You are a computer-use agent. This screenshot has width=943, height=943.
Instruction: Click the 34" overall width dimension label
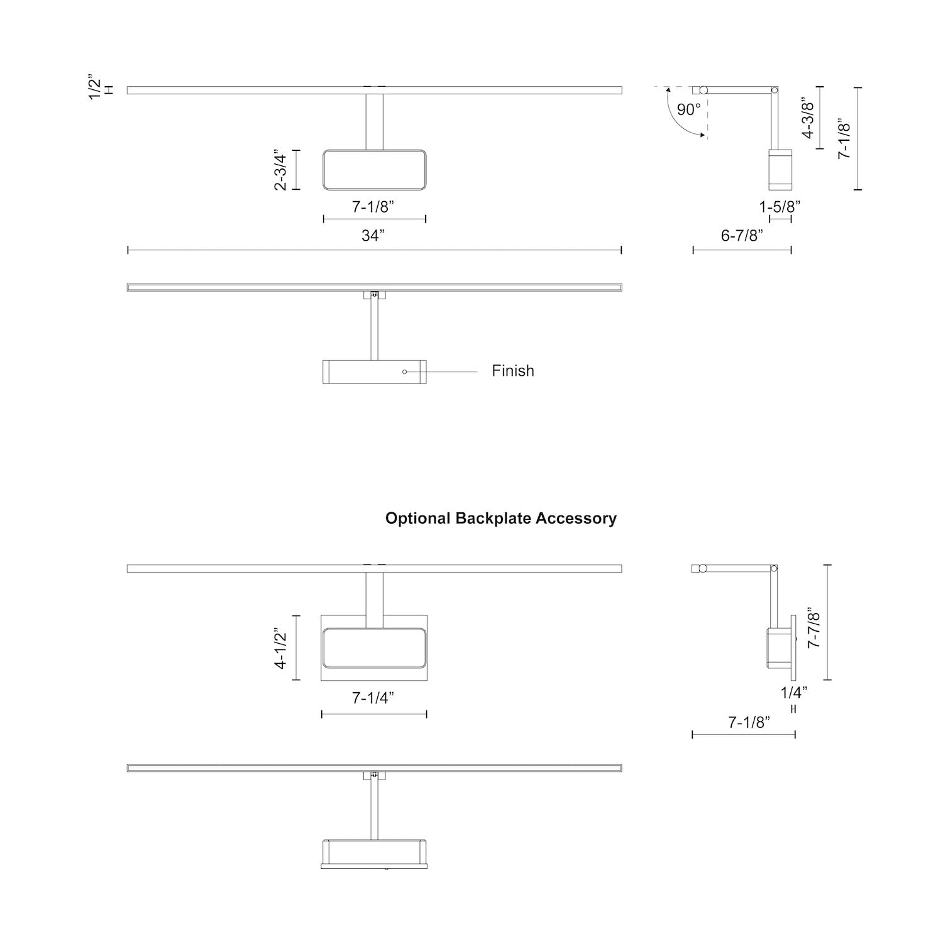coord(373,236)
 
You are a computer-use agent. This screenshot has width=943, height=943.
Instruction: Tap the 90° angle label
coord(688,110)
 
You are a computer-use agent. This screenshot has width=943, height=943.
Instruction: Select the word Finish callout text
coord(513,371)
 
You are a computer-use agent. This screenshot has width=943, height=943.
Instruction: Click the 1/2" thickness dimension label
coord(95,87)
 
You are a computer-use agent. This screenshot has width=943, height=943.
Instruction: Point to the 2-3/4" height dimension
coord(280,170)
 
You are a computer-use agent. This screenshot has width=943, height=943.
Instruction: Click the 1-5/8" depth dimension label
coord(780,206)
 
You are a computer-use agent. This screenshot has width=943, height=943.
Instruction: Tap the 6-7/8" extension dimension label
coord(742,236)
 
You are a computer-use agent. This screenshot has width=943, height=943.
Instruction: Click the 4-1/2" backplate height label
coord(280,648)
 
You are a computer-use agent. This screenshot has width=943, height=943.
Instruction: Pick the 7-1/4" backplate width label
coord(373,698)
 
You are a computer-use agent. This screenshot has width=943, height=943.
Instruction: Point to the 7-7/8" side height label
coord(813,627)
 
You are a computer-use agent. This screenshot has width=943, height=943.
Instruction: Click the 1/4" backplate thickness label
coord(794,693)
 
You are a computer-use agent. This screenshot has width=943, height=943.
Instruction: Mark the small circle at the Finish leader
coord(404,372)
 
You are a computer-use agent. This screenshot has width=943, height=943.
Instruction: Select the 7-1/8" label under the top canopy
coord(373,206)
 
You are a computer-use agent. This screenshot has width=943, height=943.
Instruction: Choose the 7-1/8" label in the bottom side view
coord(749,722)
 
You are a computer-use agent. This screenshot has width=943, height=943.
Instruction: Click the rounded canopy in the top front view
coord(374,170)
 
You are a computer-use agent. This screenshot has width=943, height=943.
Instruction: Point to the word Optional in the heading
coord(417,519)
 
